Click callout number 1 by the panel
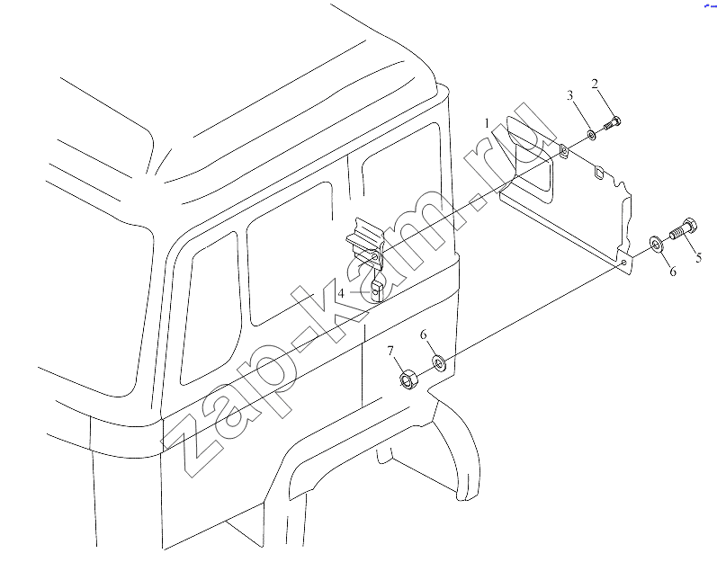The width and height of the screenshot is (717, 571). [487, 123]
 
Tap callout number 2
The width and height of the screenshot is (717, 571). [595, 84]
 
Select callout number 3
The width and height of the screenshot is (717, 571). [569, 95]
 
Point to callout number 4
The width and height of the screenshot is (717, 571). [341, 292]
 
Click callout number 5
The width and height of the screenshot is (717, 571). [699, 257]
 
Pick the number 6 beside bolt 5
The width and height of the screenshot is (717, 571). [673, 272]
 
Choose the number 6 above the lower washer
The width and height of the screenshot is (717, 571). [424, 335]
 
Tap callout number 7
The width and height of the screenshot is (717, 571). [390, 351]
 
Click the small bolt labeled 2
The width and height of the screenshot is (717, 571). [612, 122]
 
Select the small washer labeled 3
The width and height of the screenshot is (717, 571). [591, 135]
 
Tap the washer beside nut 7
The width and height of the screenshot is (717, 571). [440, 362]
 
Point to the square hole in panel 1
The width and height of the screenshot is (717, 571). [599, 172]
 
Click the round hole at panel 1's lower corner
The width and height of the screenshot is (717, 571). [624, 263]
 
